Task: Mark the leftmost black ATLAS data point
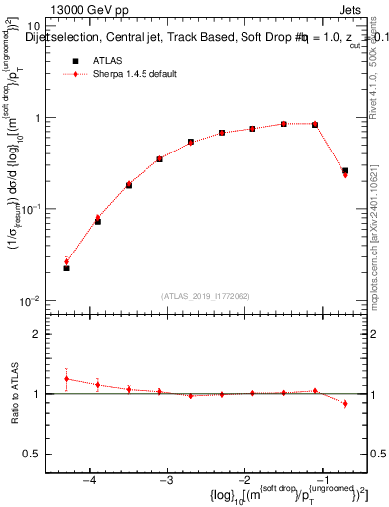[66, 268]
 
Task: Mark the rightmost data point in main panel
[345, 172]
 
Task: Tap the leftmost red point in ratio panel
[66, 378]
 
